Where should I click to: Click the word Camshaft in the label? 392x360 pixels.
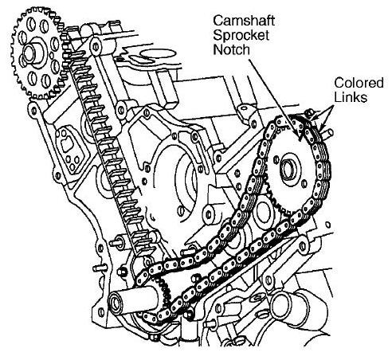pos(244,21)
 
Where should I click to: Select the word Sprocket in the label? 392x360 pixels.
pos(241,35)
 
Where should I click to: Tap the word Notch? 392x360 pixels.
pos(232,49)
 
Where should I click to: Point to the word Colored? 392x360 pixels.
pos(359,83)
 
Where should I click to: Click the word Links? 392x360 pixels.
pos(351,97)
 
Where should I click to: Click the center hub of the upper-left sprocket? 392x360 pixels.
pos(31,53)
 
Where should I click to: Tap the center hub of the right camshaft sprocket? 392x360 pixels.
pos(288,168)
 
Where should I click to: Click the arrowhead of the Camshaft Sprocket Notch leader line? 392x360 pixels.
pos(300,136)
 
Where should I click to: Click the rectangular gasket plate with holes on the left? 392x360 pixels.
pos(69,150)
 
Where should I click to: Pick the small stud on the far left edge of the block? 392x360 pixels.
pos(100,268)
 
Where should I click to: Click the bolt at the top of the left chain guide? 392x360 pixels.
pos(96,46)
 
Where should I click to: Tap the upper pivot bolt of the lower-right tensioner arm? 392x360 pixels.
pos(304,245)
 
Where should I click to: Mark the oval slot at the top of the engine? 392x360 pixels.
pos(158,54)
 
